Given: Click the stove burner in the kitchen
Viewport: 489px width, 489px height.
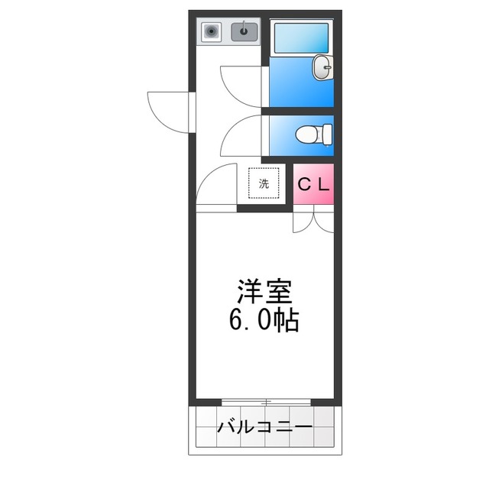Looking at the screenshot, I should pos(211,32).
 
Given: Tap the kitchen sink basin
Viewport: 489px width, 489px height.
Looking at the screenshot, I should pos(244,32).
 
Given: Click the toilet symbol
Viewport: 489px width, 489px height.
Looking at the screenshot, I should pos(312,134).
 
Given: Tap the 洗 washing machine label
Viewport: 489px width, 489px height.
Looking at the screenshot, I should pos(264,183).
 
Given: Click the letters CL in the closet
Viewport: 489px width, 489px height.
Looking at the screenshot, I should pos(313,184).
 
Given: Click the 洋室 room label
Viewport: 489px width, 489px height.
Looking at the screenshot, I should pos(264,293).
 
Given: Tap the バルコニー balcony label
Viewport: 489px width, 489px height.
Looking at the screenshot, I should pos(264,426).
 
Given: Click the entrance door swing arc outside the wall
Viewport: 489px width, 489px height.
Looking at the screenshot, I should pos(164,111).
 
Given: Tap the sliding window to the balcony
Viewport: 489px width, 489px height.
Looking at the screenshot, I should pos(265,402).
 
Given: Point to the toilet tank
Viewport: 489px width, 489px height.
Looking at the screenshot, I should pos(328,134).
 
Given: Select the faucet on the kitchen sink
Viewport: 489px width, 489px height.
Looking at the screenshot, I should pos(245,28).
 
